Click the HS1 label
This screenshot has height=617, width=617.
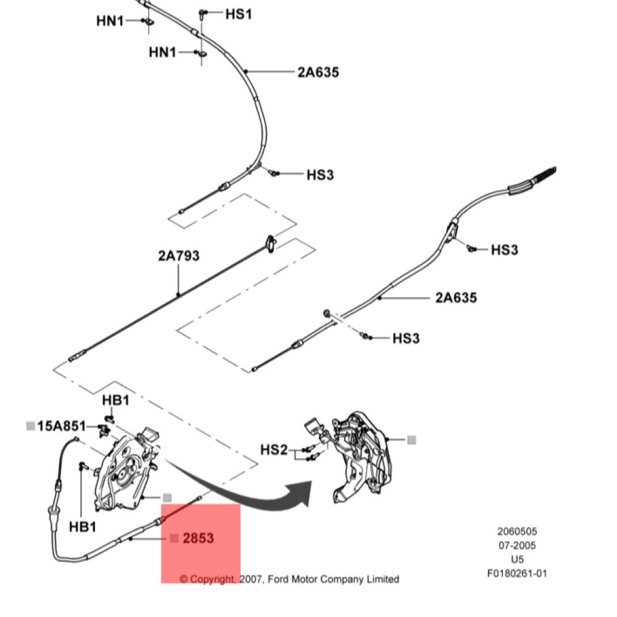point(238,14)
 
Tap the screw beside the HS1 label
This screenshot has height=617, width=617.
point(202,15)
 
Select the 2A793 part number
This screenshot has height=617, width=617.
point(179,256)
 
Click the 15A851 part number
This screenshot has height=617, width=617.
point(61,426)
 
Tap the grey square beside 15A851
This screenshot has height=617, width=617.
point(31,426)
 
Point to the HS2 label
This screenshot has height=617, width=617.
point(275,449)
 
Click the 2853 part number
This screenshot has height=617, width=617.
point(198,538)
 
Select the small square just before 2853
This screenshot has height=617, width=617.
point(175,538)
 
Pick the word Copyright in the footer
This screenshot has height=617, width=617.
point(212,579)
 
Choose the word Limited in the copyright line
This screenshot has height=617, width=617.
point(383,579)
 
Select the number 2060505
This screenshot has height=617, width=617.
point(517,532)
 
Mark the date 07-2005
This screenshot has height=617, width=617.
point(517,545)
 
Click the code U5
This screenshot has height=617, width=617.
point(517,559)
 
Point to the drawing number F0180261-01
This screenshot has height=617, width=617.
point(517,573)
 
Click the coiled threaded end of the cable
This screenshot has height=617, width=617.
point(544,175)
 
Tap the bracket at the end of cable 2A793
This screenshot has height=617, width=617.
point(271,244)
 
